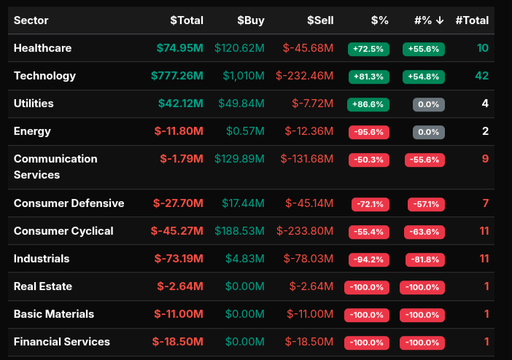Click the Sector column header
[x=31, y=20]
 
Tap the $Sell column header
[x=320, y=20]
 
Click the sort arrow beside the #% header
[x=440, y=20]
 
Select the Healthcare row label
[x=42, y=48]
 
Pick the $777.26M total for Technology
[x=177, y=76]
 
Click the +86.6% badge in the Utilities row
[x=368, y=104]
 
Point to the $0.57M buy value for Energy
[x=247, y=131]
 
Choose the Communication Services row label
[x=55, y=167]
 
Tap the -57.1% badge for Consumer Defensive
[x=424, y=204]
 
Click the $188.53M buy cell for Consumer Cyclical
[x=239, y=231]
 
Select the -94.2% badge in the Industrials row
[x=368, y=259]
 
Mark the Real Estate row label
[x=43, y=286]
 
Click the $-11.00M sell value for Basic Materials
[x=311, y=314]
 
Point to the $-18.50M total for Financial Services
[x=178, y=342]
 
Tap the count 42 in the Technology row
[x=481, y=76]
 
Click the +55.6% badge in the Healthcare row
[x=423, y=49]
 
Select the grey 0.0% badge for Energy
[x=428, y=132]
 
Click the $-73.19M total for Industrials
[x=179, y=259]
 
